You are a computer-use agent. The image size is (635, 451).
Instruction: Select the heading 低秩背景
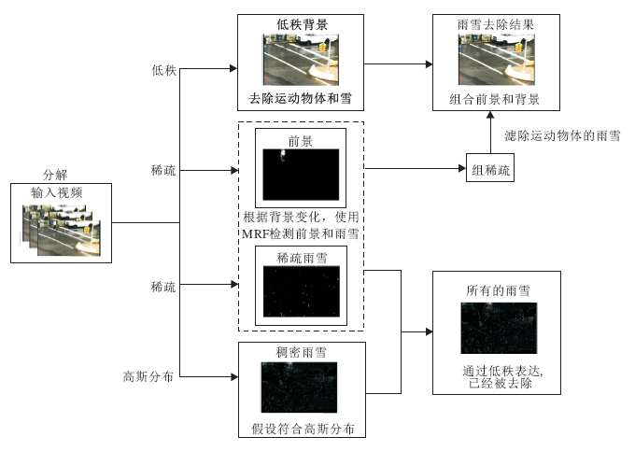tap(302, 22)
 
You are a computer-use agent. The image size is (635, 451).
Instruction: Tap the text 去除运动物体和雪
tap(301, 98)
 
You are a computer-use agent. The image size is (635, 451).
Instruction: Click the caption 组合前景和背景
tap(496, 99)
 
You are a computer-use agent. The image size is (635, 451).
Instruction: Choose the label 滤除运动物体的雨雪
tap(563, 136)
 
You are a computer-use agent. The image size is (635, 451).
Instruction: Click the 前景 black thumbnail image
tap(302, 177)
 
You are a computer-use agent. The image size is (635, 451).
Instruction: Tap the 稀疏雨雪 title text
tap(302, 257)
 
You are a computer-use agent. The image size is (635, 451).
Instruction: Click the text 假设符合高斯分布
tap(301, 430)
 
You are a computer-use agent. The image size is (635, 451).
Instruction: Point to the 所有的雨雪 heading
tap(498, 290)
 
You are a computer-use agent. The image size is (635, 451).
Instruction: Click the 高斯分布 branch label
tap(149, 377)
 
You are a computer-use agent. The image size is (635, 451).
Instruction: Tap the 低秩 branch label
tap(163, 70)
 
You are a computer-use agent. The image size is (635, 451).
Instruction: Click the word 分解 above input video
tap(57, 176)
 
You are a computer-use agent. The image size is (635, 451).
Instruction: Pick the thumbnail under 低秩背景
tap(302, 59)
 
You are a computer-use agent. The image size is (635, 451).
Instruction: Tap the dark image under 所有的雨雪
tap(498, 327)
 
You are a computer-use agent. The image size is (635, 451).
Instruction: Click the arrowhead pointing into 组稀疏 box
tap(461, 169)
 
